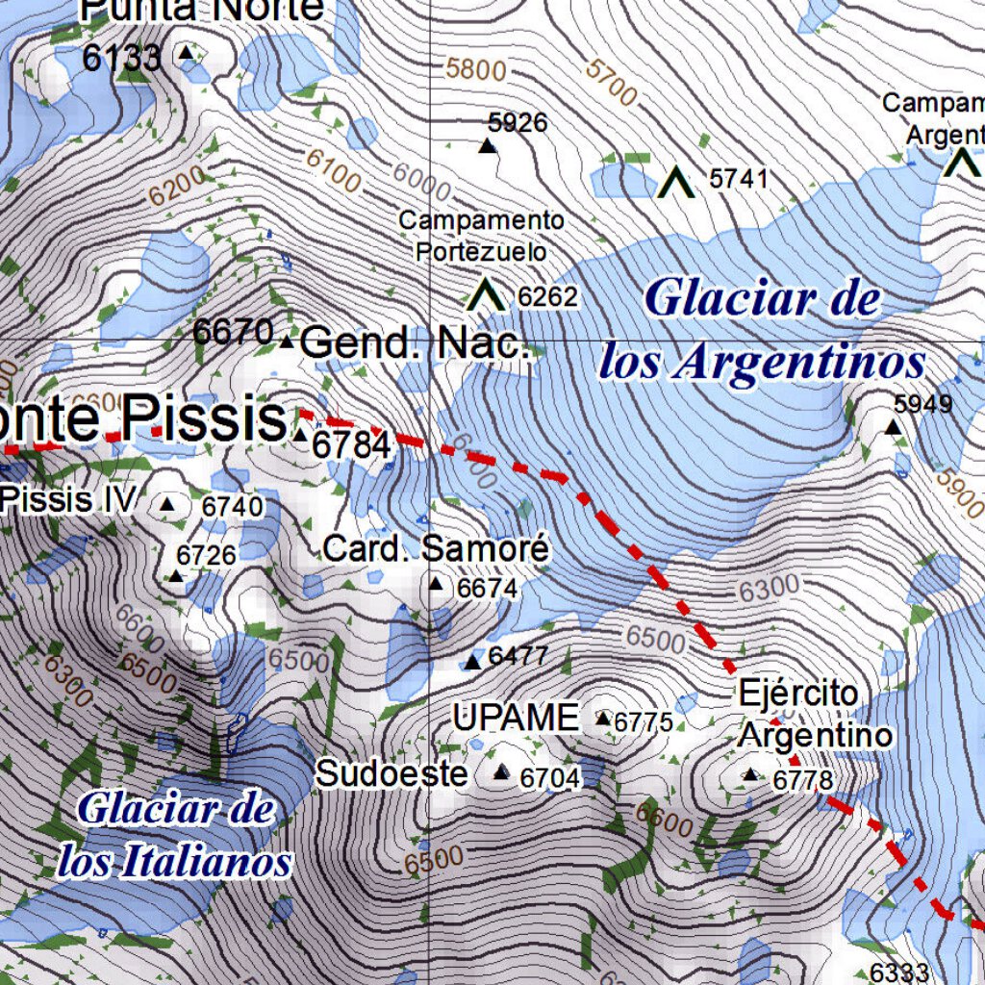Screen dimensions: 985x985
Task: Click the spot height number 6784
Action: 352,445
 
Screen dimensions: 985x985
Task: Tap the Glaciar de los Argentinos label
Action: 762,331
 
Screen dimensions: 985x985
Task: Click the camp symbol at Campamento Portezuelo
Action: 486,295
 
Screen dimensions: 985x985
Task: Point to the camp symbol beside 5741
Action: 676,181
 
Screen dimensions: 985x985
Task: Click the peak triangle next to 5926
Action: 488,146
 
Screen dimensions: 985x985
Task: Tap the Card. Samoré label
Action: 436,549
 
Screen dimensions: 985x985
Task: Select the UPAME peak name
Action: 516,718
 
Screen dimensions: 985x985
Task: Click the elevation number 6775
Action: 644,721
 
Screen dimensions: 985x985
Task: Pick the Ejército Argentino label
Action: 814,714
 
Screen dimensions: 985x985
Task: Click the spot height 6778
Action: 802,780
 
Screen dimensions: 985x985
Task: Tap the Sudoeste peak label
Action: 391,773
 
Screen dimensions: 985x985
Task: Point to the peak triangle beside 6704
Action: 501,772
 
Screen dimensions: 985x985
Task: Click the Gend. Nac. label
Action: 415,342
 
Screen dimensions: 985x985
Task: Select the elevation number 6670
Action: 234,333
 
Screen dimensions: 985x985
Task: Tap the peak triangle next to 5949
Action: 894,426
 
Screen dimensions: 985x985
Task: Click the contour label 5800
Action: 475,69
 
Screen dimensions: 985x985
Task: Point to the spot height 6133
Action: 121,58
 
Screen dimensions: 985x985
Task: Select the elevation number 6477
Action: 518,657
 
